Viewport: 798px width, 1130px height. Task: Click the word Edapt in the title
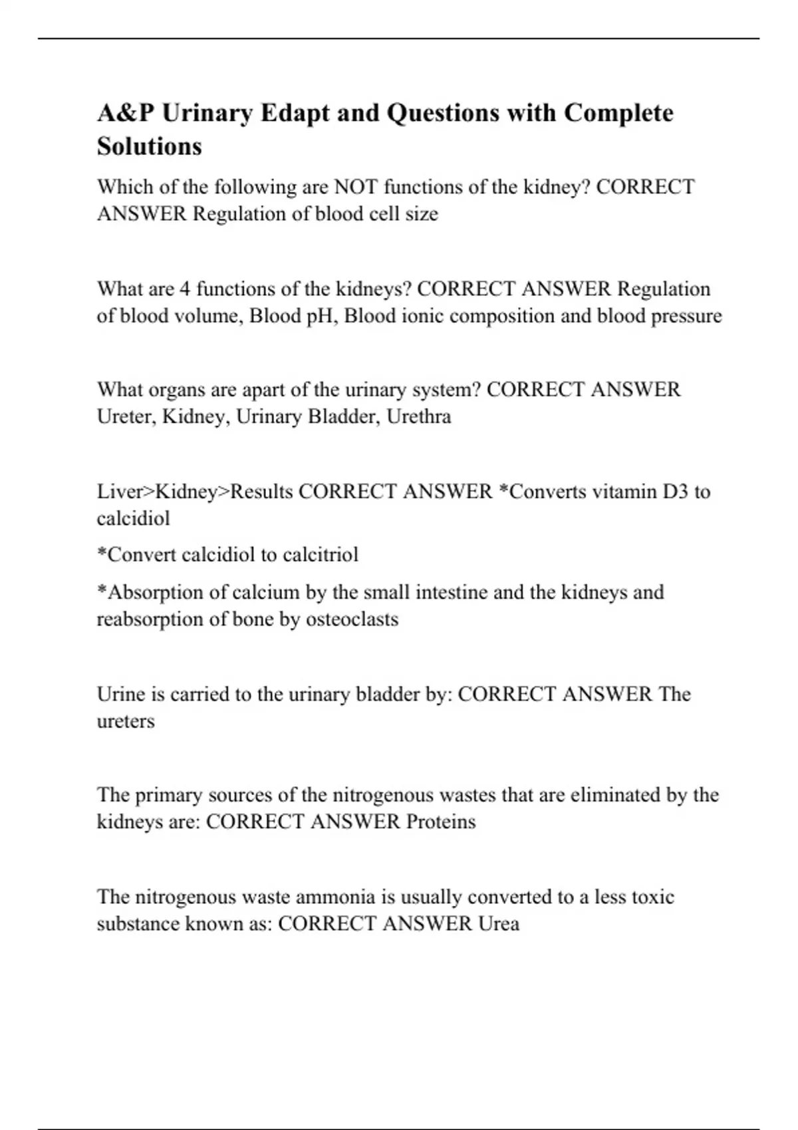point(295,113)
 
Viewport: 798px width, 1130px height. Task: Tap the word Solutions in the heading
point(150,146)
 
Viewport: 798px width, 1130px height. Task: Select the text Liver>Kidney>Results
point(195,492)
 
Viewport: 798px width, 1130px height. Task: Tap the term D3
point(675,492)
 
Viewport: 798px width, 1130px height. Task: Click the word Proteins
point(441,822)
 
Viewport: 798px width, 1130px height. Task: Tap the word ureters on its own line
point(126,721)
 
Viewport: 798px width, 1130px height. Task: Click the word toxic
point(653,897)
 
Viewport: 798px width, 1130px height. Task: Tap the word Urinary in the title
point(207,113)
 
